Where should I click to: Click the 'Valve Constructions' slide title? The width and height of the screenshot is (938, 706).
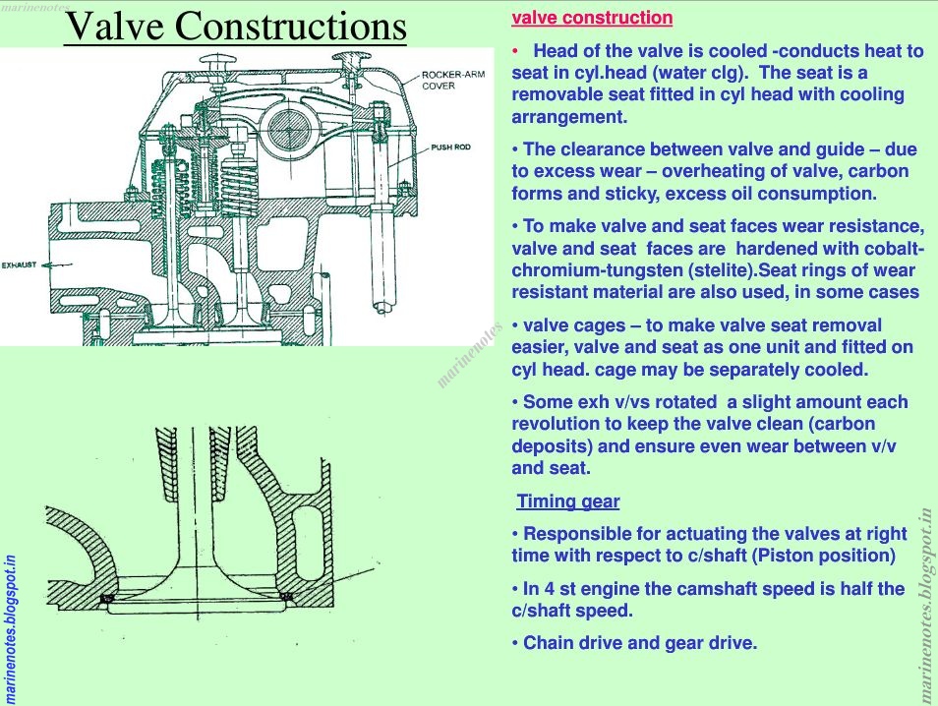235,27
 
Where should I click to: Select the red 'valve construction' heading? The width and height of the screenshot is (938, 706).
593,18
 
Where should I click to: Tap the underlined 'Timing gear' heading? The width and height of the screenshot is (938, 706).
568,501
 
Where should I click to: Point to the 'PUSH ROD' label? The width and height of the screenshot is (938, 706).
450,147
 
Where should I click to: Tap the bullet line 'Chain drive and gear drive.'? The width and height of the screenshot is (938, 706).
634,643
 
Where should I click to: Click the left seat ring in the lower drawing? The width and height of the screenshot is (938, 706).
109,598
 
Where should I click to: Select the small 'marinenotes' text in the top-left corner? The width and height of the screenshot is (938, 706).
29,5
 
